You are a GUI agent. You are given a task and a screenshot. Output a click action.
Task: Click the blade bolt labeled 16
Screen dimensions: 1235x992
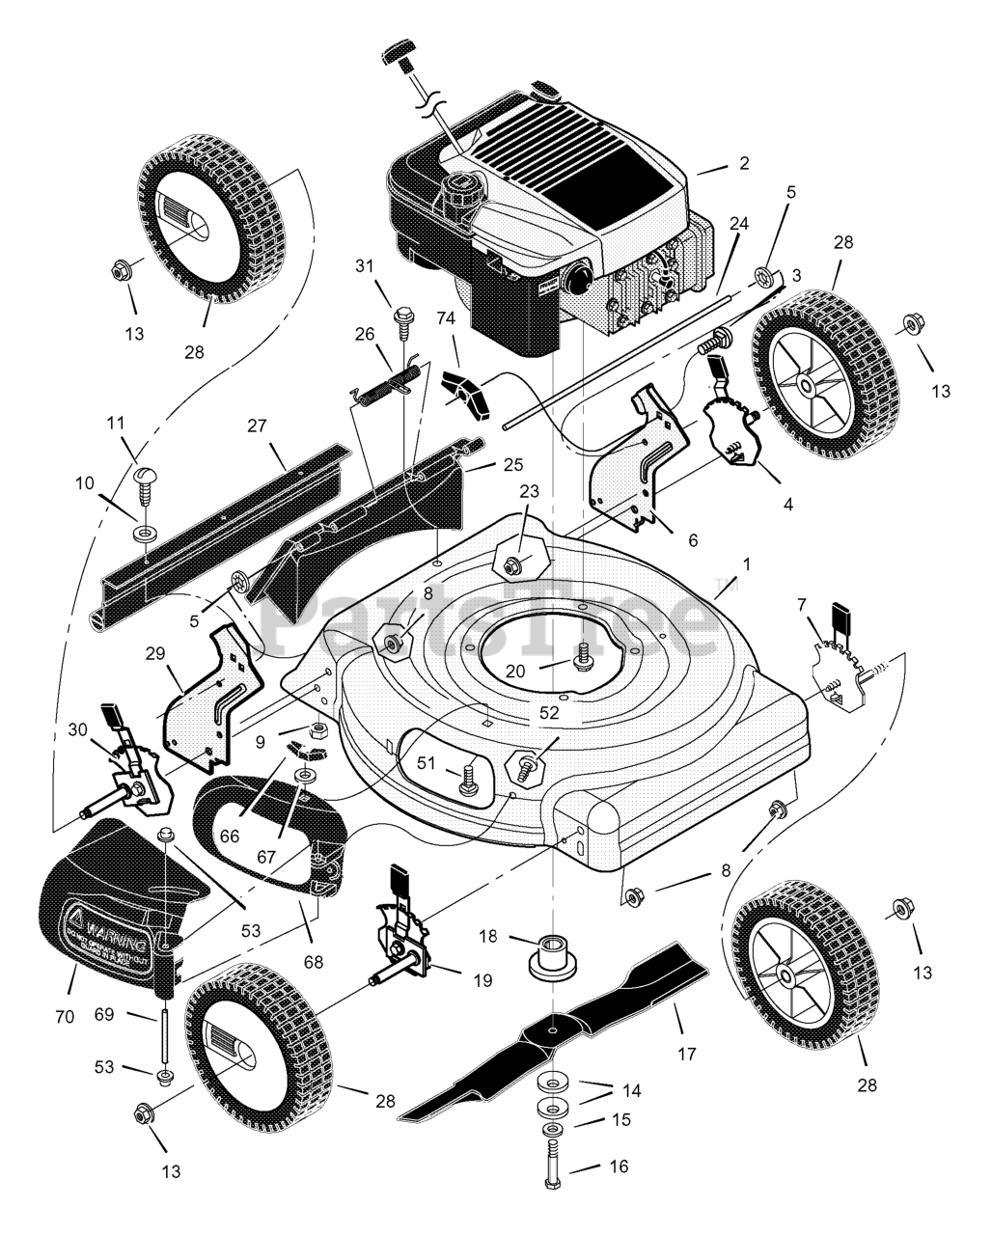pyautogui.click(x=552, y=1165)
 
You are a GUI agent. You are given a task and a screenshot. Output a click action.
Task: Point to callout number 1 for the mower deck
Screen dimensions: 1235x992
pyautogui.click(x=744, y=562)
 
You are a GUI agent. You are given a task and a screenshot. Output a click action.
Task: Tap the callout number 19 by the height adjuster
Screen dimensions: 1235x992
pyautogui.click(x=482, y=980)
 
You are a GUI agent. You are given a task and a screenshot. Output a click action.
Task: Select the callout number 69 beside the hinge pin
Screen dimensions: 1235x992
pyautogui.click(x=131, y=1015)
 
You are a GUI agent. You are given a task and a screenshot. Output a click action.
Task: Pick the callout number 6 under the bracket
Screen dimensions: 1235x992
pyautogui.click(x=692, y=541)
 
